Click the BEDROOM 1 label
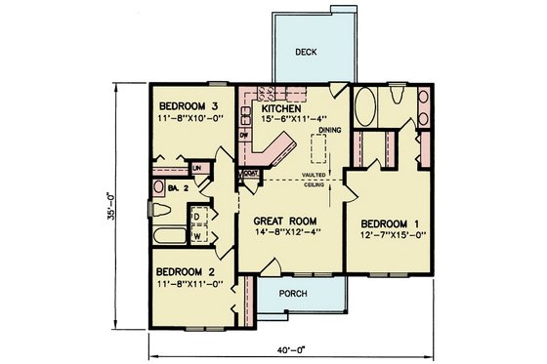coord(387,221)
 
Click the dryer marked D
coord(198,217)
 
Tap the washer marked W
coord(198,235)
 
